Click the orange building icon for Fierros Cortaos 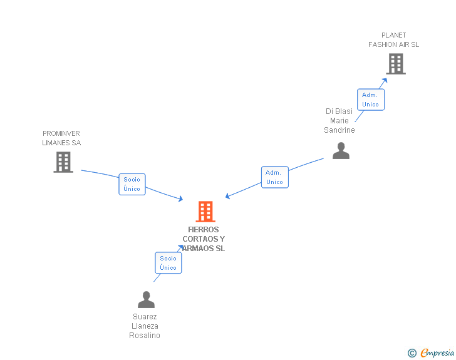205,212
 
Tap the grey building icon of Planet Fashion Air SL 395,64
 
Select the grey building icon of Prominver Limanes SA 63,162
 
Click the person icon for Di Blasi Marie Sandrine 341,151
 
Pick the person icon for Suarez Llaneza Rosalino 146,300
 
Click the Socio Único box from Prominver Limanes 132,184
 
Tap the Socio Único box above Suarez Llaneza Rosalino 168,263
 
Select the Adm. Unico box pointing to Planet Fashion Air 370,100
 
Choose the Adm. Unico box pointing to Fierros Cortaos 274,177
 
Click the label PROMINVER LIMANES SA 61,138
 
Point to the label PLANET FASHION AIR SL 393,40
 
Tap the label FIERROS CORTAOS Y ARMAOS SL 204,239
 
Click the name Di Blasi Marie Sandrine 339,121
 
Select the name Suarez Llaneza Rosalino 145,326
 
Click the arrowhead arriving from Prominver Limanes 180,199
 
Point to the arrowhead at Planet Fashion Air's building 385,80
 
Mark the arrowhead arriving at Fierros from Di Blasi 228,197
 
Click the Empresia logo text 437,353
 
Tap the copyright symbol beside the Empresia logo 412,354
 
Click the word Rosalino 145,336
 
